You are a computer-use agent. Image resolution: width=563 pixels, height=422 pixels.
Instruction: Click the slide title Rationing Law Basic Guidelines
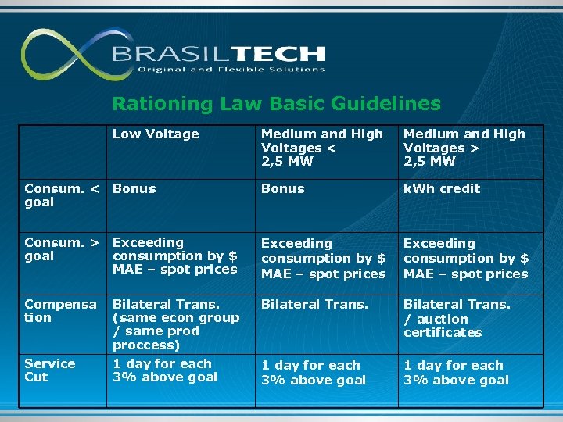click(x=276, y=103)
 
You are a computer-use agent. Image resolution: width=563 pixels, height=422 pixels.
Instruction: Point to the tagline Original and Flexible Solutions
click(x=231, y=70)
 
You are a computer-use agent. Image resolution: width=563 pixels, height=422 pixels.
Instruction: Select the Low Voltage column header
click(x=156, y=134)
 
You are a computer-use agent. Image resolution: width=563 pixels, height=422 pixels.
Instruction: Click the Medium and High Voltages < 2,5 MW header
click(x=321, y=148)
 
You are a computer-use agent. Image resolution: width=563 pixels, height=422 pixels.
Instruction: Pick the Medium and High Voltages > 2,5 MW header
click(x=464, y=148)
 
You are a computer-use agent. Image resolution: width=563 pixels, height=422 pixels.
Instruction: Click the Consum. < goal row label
click(x=62, y=195)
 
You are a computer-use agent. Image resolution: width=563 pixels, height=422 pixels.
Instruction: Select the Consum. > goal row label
click(x=62, y=249)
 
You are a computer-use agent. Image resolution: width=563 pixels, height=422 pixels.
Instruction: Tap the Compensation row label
click(x=60, y=311)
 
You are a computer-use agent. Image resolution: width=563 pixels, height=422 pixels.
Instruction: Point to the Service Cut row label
click(x=50, y=370)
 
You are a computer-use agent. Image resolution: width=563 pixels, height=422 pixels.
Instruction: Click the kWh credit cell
click(x=441, y=188)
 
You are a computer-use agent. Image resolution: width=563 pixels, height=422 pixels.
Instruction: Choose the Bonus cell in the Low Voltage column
click(x=134, y=188)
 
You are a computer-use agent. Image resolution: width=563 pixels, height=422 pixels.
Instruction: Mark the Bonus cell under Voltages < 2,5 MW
click(x=282, y=188)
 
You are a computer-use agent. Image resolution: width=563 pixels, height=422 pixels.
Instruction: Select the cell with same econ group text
click(x=175, y=324)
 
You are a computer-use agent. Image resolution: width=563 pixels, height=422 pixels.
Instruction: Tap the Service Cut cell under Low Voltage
click(x=162, y=370)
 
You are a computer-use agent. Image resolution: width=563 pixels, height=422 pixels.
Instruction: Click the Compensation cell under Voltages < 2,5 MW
click(x=314, y=304)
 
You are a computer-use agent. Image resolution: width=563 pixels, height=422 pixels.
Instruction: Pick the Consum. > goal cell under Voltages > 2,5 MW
click(x=465, y=259)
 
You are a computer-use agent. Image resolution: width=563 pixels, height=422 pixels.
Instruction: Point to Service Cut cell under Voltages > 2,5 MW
click(x=456, y=373)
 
